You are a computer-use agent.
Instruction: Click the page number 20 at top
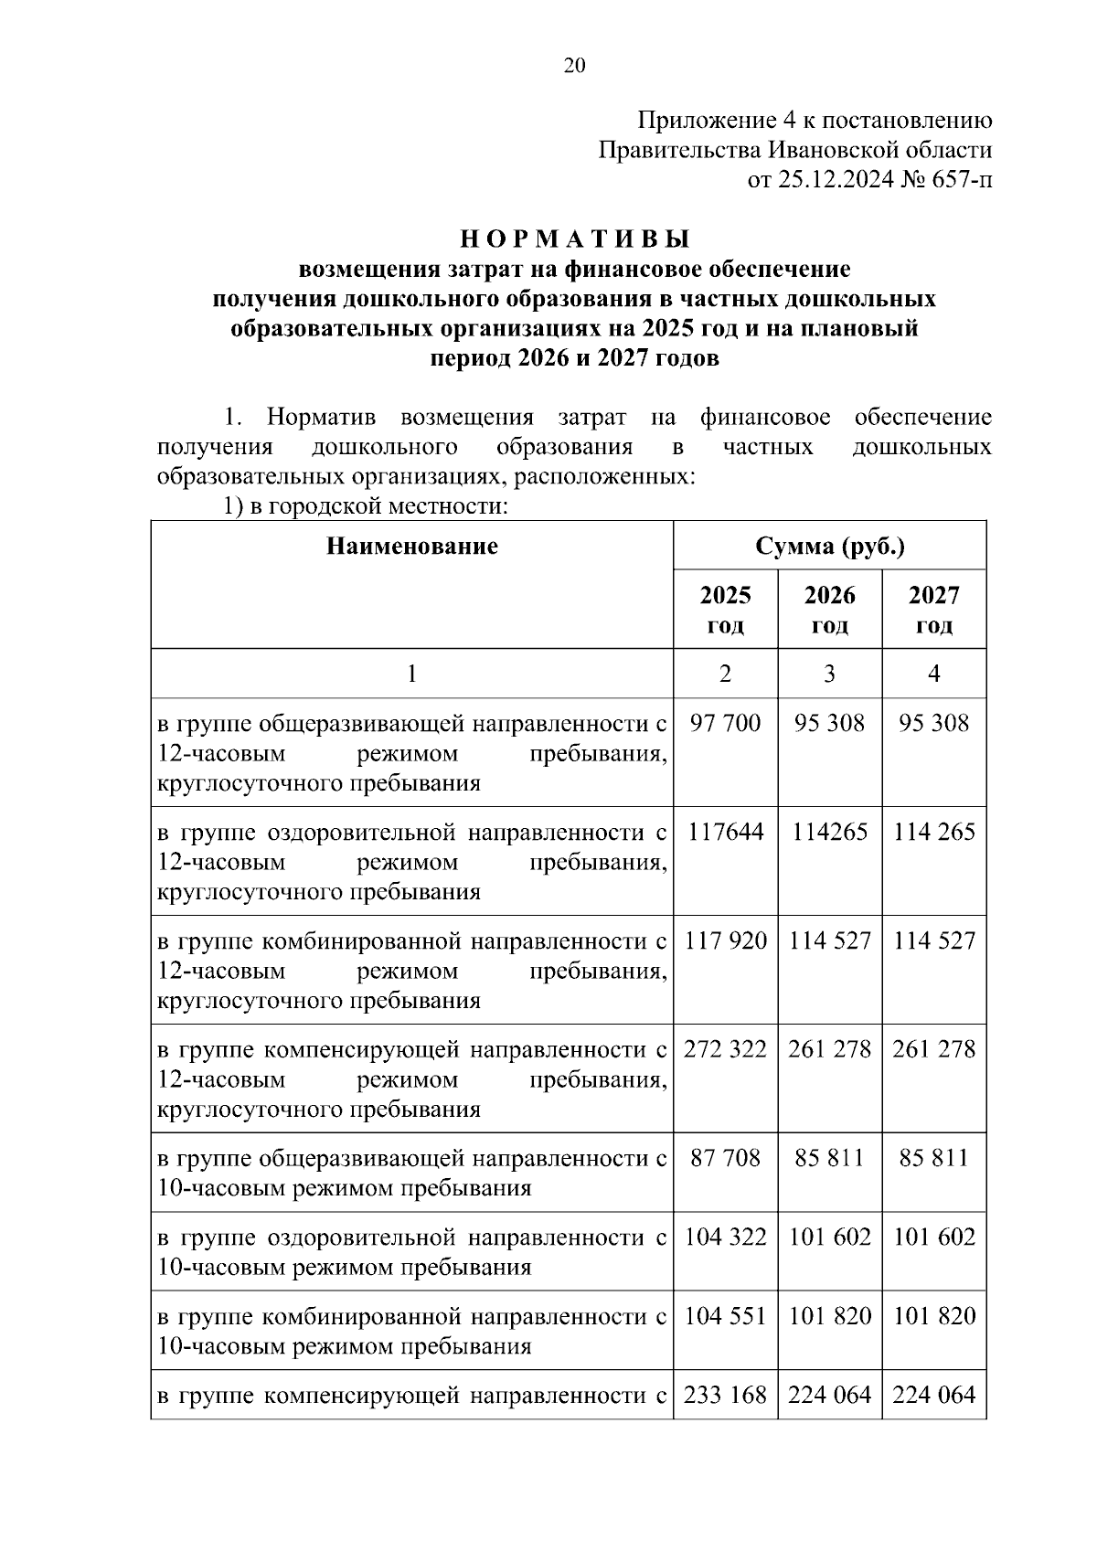pos(574,65)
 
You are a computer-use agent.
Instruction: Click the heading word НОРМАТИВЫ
pos(574,239)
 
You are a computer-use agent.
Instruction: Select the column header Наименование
pos(411,547)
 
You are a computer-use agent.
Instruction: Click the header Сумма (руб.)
pos(829,547)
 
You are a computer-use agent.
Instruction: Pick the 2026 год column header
pos(829,610)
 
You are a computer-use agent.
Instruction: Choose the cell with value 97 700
pos(725,723)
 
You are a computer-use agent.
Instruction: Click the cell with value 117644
pos(725,832)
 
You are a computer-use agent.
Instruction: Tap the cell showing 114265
pos(829,832)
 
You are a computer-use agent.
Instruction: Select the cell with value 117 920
pos(725,940)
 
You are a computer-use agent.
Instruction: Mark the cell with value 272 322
pos(725,1049)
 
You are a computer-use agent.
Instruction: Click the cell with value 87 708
pos(725,1158)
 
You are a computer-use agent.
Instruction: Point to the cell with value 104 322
pos(725,1237)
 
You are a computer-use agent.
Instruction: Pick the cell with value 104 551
pos(725,1316)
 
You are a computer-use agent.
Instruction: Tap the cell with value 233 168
pos(725,1395)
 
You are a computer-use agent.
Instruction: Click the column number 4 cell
pos(933,674)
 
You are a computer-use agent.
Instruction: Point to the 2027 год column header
pos(933,610)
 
